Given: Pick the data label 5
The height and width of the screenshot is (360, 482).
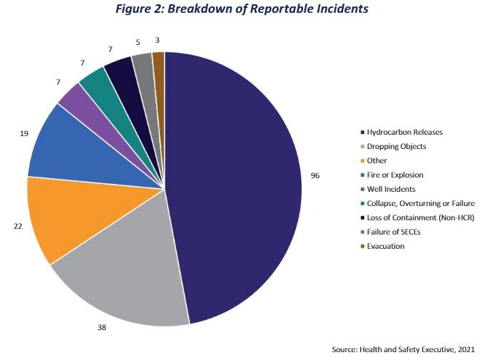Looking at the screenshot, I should (x=137, y=41).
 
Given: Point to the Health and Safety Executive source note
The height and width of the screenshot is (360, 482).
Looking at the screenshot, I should (x=403, y=349).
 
